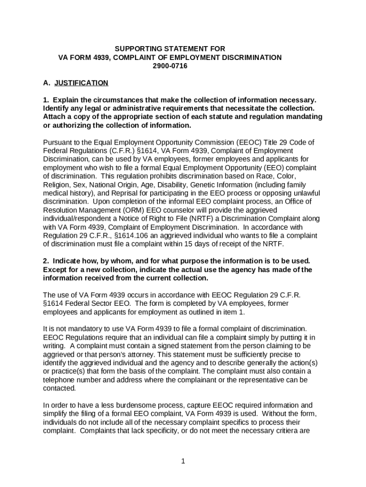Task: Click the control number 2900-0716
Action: (x=170, y=66)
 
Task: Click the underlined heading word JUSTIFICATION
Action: (x=81, y=83)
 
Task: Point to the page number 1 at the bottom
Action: (x=183, y=461)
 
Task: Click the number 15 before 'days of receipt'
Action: (x=187, y=244)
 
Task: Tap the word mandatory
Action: (x=77, y=329)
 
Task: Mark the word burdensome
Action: (x=132, y=405)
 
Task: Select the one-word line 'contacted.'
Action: (x=59, y=388)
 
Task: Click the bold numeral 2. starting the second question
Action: (x=46, y=261)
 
